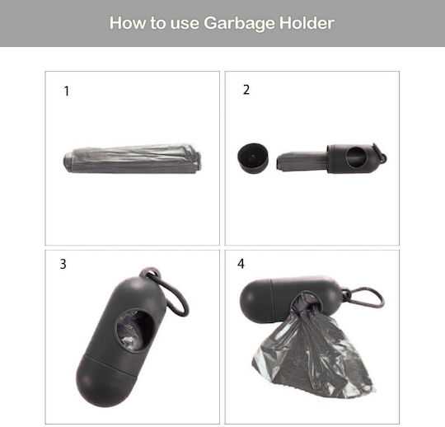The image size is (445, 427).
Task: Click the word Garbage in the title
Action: [240, 23]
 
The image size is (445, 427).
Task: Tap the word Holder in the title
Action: [307, 23]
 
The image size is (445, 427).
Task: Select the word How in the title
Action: [128, 23]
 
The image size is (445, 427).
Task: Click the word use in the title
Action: [185, 24]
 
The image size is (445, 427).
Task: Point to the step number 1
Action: [67, 91]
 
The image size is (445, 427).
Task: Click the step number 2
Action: [246, 90]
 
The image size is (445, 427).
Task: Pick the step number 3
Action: [63, 264]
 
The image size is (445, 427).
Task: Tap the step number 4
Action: [241, 264]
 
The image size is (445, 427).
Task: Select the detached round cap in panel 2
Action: [253, 157]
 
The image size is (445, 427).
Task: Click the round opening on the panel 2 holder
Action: [355, 157]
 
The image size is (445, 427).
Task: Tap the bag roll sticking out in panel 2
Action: [302, 162]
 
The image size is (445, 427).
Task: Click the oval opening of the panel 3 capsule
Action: [135, 331]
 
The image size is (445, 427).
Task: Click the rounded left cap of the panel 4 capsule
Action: [256, 300]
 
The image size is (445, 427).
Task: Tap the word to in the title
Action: [157, 23]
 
